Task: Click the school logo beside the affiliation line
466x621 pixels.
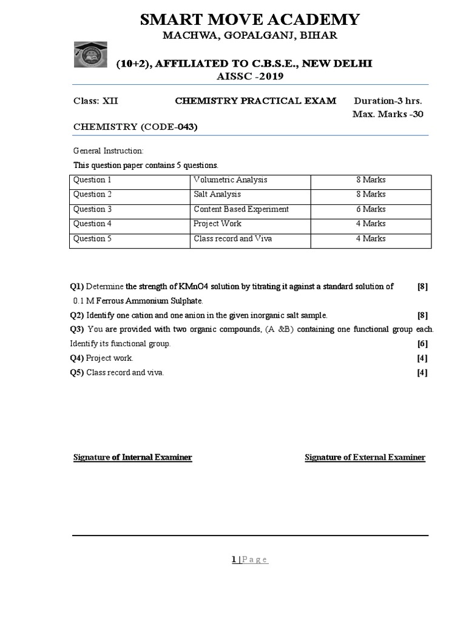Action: click(x=93, y=55)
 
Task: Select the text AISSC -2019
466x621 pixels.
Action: click(x=250, y=76)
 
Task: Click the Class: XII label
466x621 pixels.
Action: click(x=96, y=101)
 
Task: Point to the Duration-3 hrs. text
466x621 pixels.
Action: click(x=388, y=101)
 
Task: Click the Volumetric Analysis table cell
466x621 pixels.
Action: click(x=231, y=180)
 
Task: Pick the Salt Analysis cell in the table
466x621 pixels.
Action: click(x=217, y=195)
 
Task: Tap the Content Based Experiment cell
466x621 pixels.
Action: click(x=241, y=209)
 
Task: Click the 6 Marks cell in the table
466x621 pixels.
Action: click(x=371, y=209)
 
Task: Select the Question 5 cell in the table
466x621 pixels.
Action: click(x=93, y=239)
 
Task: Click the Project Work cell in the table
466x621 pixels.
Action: click(x=217, y=224)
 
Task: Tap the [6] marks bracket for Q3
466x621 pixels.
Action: click(x=422, y=344)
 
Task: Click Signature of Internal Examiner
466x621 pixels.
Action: click(x=132, y=457)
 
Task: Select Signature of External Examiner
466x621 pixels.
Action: click(x=365, y=457)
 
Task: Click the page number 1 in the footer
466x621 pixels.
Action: click(x=233, y=560)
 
